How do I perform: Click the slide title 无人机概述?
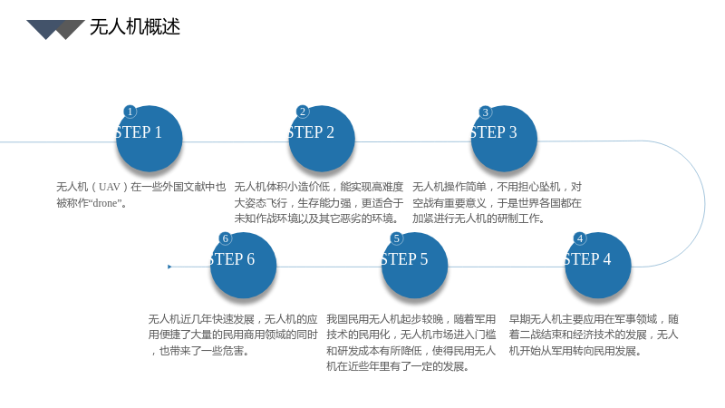[x=134, y=27]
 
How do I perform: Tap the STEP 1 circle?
[x=149, y=139]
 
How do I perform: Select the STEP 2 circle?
[x=322, y=139]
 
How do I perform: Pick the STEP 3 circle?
[x=504, y=139]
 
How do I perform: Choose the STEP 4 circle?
[x=598, y=265]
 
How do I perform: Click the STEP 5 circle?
[x=414, y=265]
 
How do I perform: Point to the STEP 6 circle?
[x=243, y=265]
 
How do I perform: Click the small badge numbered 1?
[x=130, y=112]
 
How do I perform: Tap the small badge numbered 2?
[x=303, y=112]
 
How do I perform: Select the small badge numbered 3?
[x=485, y=112]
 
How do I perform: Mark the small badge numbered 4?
[x=580, y=238]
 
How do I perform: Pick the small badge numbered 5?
[x=396, y=238]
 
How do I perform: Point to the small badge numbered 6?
[x=225, y=238]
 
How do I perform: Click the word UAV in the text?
[x=109, y=187]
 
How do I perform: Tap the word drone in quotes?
[x=104, y=203]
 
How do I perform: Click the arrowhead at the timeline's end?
[x=169, y=267]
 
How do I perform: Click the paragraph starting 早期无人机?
[x=594, y=335]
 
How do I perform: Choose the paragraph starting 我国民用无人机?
[x=411, y=343]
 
